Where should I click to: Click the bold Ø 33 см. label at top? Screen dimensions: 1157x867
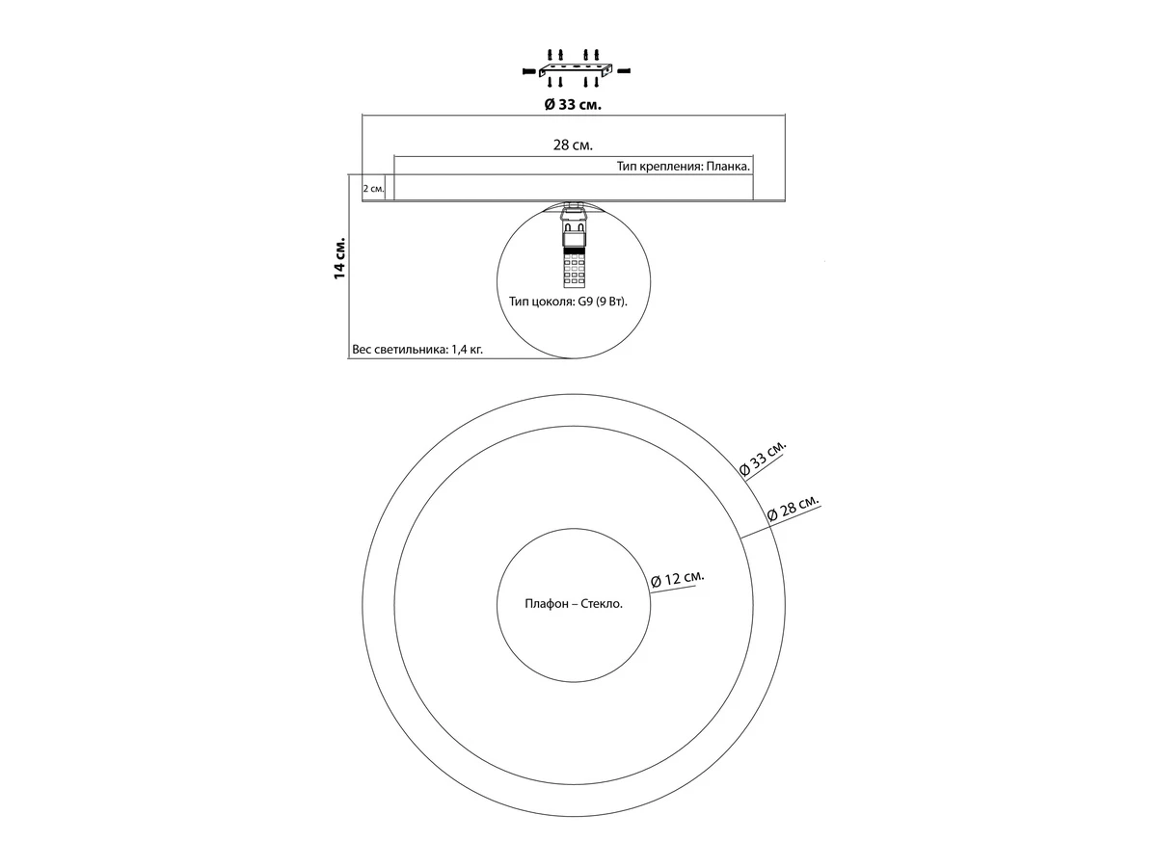click(x=573, y=105)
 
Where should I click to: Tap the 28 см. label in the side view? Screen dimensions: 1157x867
click(x=573, y=144)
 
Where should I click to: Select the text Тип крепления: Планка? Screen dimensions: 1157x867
click(x=684, y=167)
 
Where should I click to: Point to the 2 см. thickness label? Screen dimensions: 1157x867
click(x=373, y=189)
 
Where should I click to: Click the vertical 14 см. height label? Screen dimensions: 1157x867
click(x=339, y=258)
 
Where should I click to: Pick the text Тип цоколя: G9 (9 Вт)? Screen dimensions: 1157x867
click(x=568, y=302)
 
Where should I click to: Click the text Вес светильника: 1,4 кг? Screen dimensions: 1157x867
click(x=417, y=350)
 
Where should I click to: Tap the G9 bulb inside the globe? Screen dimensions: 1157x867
click(x=574, y=268)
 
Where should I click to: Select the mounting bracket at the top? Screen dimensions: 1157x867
click(x=577, y=70)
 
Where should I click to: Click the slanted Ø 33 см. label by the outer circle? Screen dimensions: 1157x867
click(x=763, y=458)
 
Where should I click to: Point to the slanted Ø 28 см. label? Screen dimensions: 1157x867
click(x=794, y=508)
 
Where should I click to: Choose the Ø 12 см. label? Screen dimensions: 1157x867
click(x=678, y=579)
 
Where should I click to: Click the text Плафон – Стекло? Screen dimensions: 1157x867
click(x=574, y=604)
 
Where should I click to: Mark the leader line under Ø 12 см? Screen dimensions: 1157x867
click(x=673, y=589)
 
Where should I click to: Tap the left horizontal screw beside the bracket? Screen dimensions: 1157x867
click(x=528, y=70)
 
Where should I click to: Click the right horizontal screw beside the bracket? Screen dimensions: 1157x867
click(x=624, y=70)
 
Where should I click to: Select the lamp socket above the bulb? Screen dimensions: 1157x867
click(x=574, y=224)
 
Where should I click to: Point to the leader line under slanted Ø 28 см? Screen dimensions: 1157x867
click(x=781, y=521)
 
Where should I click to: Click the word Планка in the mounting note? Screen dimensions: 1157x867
click(x=728, y=167)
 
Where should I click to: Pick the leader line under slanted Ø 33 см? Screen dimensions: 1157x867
click(x=765, y=465)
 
